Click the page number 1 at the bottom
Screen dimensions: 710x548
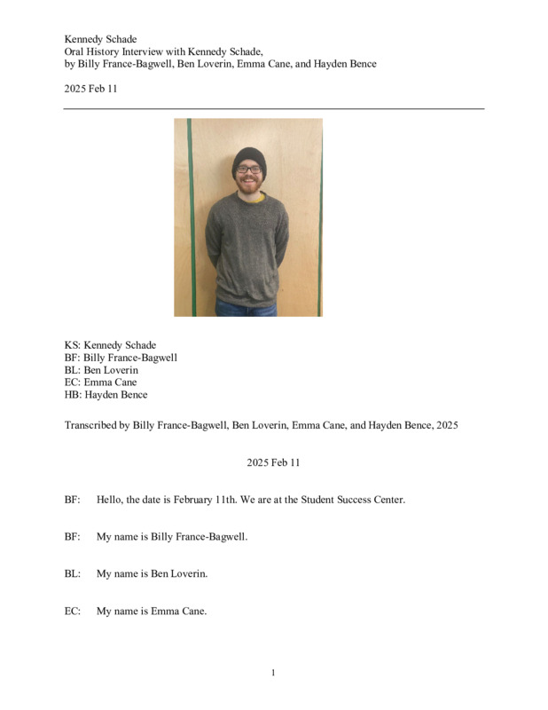click(273, 673)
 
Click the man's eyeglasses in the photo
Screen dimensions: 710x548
click(248, 169)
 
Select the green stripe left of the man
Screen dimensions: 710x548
click(190, 217)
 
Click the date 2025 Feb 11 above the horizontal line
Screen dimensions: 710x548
click(90, 89)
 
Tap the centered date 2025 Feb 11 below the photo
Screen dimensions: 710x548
click(273, 462)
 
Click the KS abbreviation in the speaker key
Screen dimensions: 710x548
click(72, 345)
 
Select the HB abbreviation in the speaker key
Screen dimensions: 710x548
click(73, 395)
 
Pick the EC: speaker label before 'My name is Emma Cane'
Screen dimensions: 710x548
click(73, 611)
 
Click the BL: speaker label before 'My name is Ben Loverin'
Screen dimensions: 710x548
click(73, 573)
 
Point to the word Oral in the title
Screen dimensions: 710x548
click(74, 51)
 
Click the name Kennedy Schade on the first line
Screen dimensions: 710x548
click(100, 39)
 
